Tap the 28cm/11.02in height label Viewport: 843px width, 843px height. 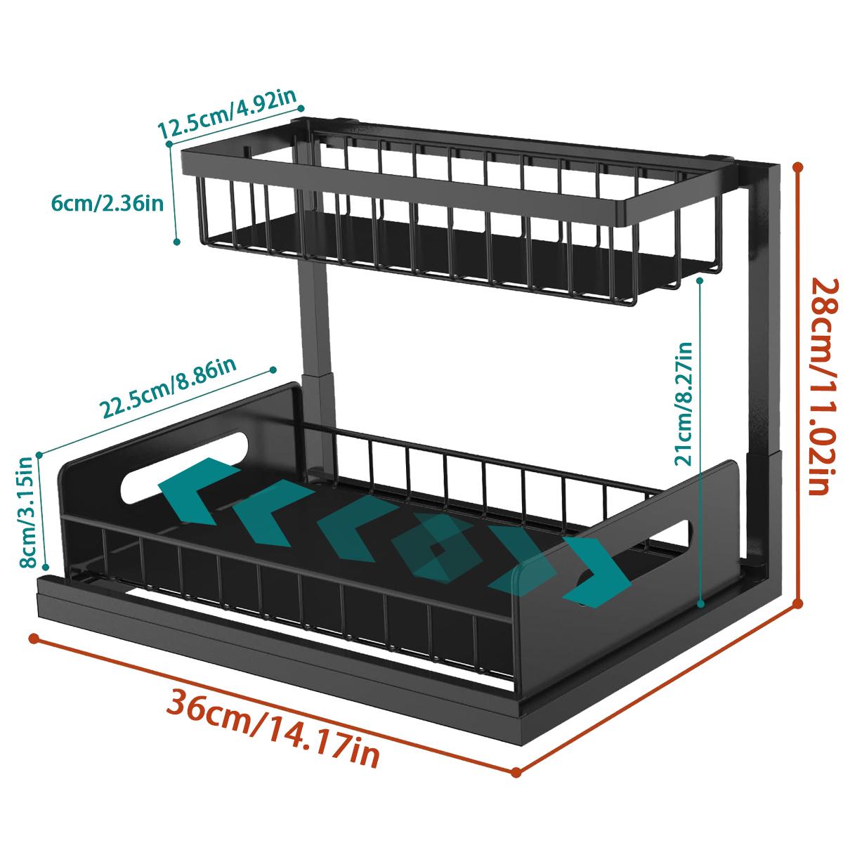click(x=823, y=387)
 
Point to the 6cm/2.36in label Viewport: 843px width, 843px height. click(x=107, y=204)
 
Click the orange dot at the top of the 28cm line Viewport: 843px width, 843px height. click(x=798, y=166)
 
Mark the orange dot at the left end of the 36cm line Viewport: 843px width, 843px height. click(x=33, y=639)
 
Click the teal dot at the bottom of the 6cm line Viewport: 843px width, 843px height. click(x=177, y=242)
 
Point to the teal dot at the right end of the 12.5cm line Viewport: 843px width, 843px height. click(x=301, y=108)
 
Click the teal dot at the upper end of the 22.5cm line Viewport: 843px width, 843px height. click(x=273, y=370)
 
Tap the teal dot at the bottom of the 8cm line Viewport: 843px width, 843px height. click(x=46, y=566)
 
